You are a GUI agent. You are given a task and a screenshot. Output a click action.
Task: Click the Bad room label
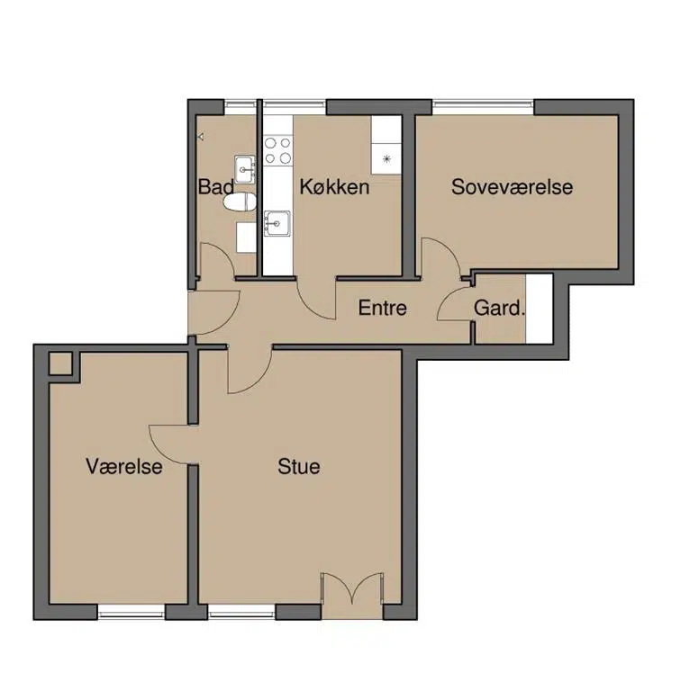pos(216,186)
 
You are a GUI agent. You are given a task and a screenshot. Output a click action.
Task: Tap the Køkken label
pos(334,186)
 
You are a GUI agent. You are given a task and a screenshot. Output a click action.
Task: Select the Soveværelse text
pos(512,186)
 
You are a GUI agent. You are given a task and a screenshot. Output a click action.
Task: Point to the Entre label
pos(383,308)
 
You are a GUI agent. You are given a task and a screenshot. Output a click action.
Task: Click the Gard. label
pos(498,308)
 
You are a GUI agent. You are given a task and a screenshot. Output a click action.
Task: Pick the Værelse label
pos(124,466)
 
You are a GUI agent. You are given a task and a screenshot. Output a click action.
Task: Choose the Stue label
pos(299,466)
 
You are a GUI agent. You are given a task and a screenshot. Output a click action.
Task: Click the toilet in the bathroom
pos(240,203)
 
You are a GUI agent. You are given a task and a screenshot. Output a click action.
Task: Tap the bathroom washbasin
pos(245,169)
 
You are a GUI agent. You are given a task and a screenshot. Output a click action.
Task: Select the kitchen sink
pos(277,223)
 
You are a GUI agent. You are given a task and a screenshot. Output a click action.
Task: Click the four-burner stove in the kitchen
pos(277,150)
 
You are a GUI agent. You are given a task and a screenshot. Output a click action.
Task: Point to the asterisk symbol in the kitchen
pos(387,158)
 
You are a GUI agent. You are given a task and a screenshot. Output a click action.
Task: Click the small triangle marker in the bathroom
pos(201,137)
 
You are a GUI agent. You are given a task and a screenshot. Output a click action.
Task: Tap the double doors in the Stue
pos(352,588)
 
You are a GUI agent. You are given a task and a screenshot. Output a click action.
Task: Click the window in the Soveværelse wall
pos(483,107)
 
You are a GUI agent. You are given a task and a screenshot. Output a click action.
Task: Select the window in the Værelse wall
pos(132,612)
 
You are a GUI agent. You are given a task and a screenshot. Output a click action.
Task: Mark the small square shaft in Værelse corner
pos(60,363)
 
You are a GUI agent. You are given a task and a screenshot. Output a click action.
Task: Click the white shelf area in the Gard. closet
pos(540,309)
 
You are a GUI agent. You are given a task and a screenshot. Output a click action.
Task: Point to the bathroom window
pos(241,107)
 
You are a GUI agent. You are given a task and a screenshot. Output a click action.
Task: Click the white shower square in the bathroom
pos(246,238)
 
